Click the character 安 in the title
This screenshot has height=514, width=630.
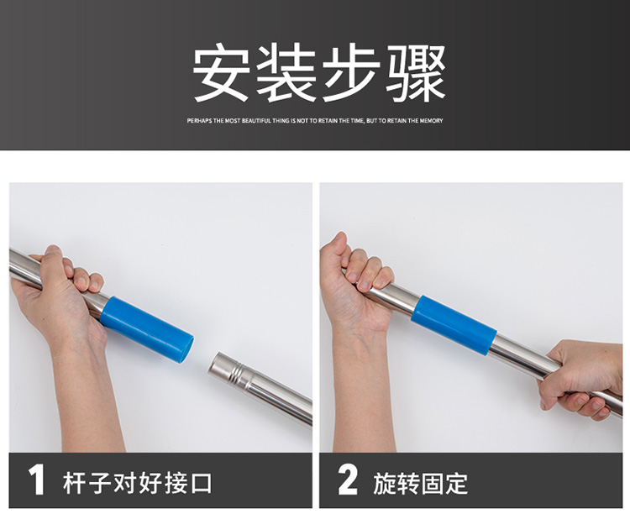pyautogui.click(x=221, y=73)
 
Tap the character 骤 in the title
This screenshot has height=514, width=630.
pyautogui.click(x=416, y=73)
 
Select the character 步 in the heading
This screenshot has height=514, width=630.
pyautogui.click(x=351, y=73)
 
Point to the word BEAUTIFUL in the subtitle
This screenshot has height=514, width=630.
pyautogui.click(x=256, y=121)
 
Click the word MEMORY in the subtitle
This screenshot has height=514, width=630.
pyautogui.click(x=431, y=121)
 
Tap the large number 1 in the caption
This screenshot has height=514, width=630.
pyautogui.click(x=37, y=480)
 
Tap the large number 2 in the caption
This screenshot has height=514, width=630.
pyautogui.click(x=348, y=480)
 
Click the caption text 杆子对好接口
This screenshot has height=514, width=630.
pyautogui.click(x=137, y=483)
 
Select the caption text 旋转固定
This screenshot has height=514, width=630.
pyautogui.click(x=421, y=483)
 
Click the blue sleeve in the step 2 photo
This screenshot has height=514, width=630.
pyautogui.click(x=454, y=325)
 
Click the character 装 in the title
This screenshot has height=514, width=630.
pyautogui.click(x=286, y=73)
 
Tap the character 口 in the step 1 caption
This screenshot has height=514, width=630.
pyautogui.click(x=201, y=483)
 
